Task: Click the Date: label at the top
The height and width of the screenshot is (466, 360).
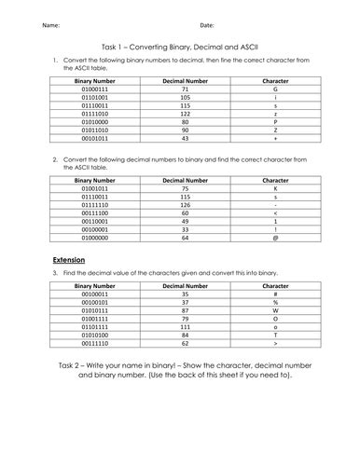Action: [207, 26]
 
